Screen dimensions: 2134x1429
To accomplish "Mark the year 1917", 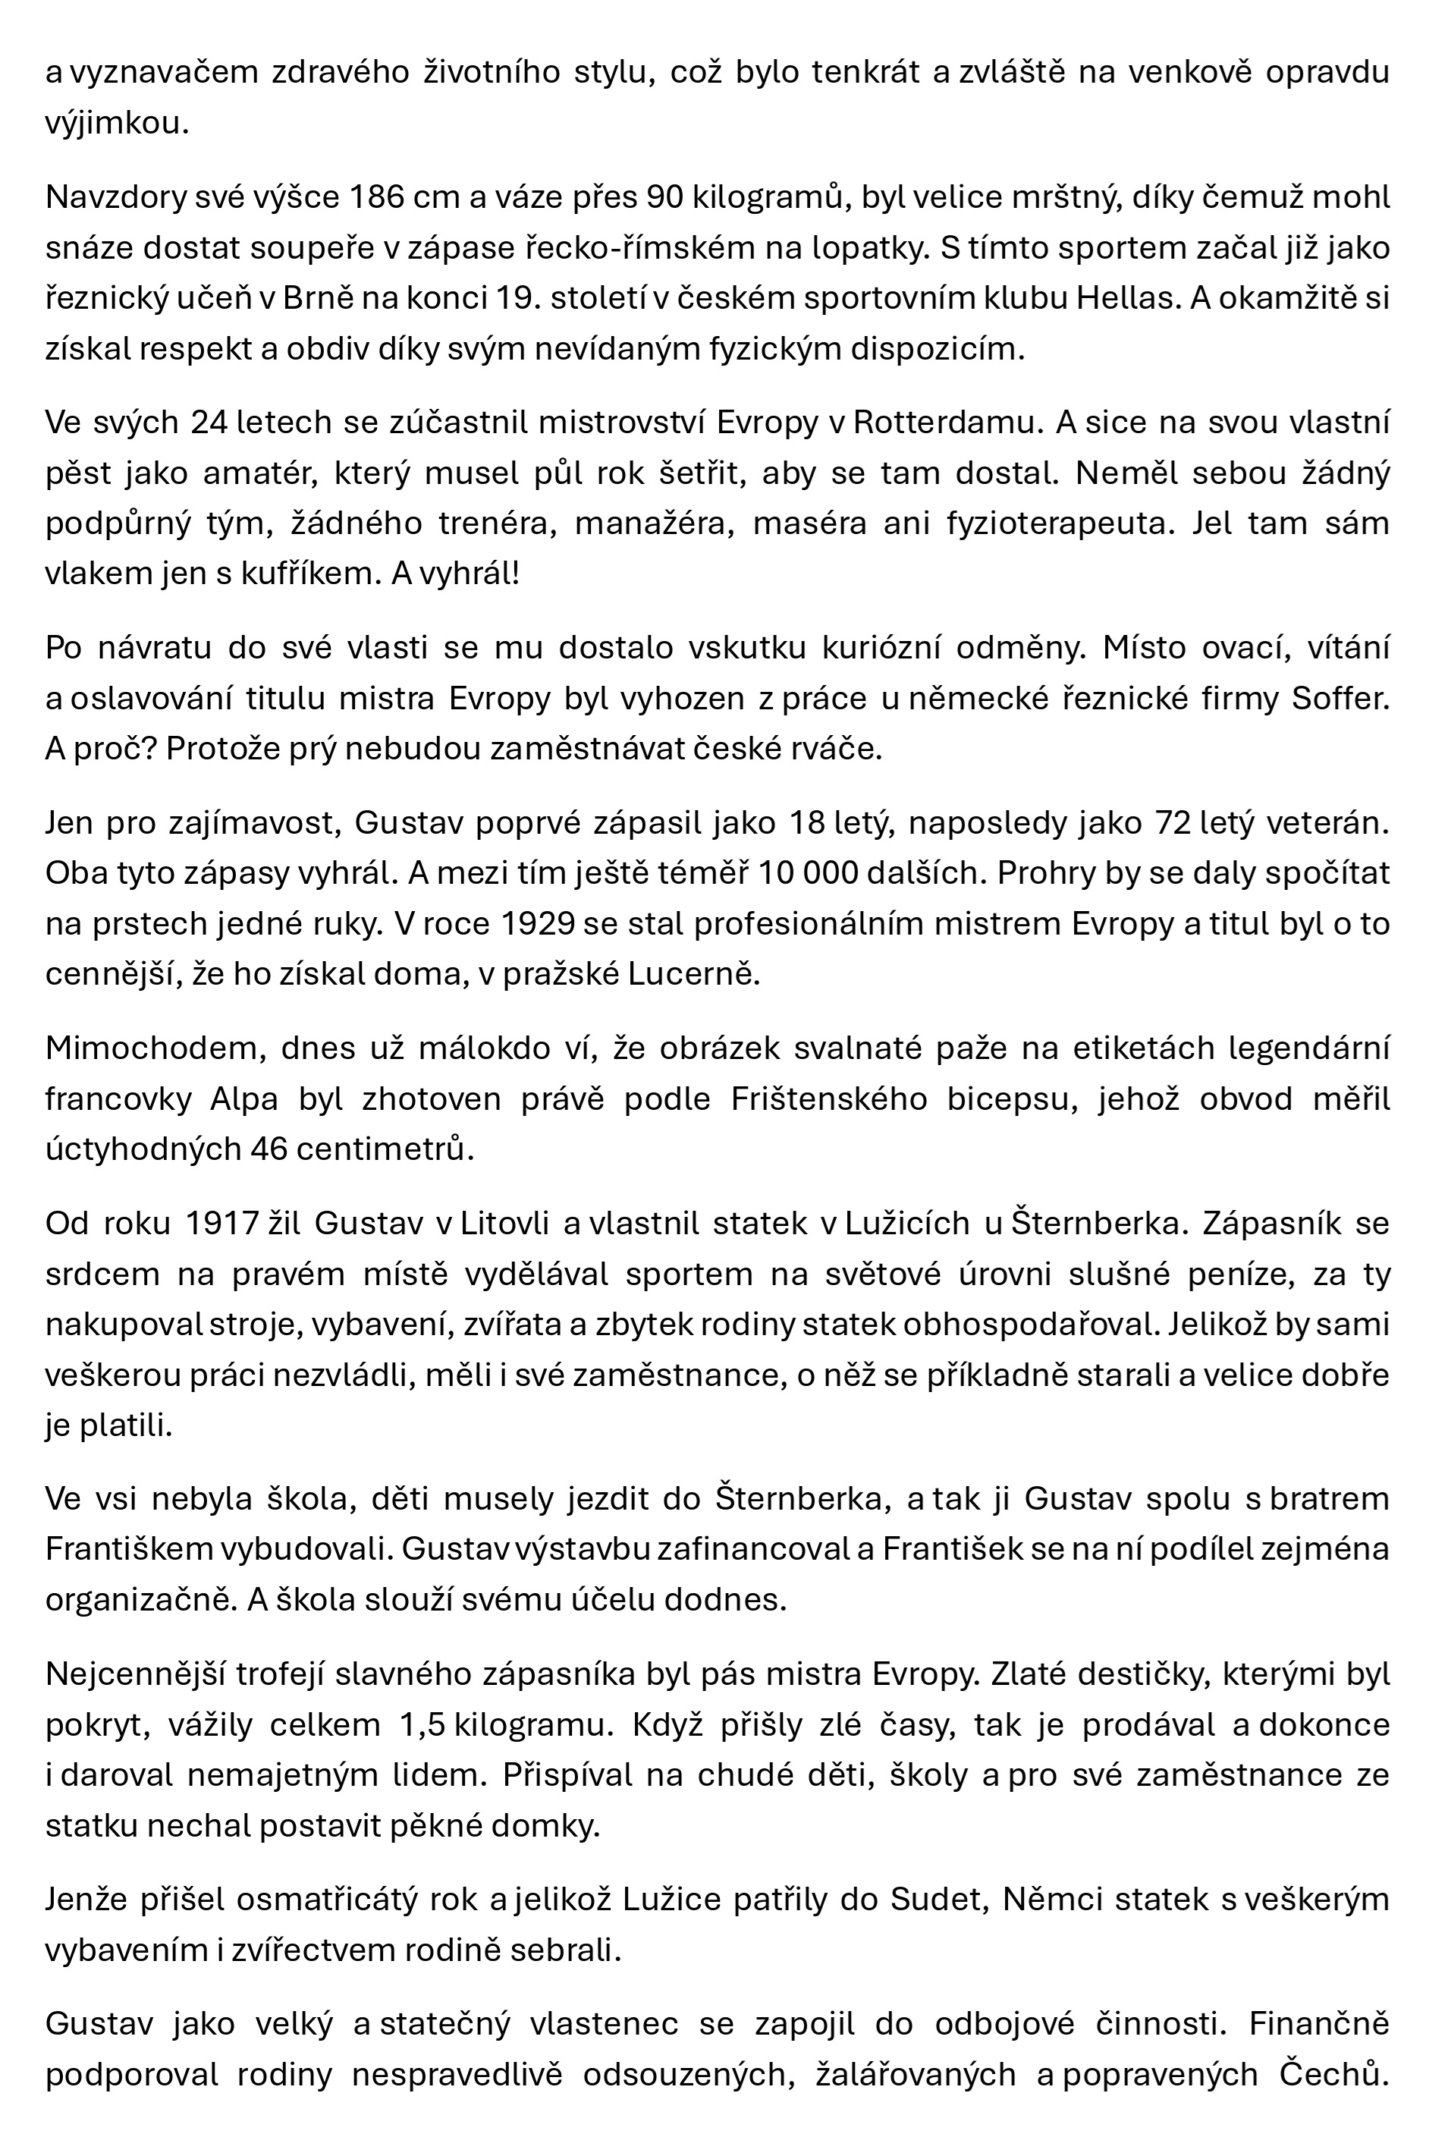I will pyautogui.click(x=222, y=1224).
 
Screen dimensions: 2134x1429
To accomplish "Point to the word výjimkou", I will pyautogui.click(x=117, y=123).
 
